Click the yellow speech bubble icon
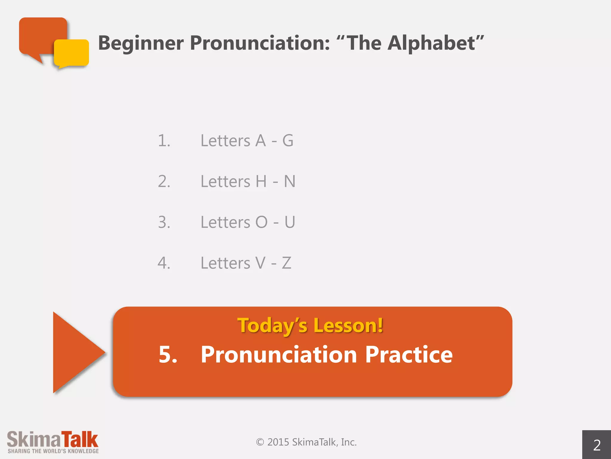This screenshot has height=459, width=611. click(72, 53)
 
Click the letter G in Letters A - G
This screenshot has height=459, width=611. click(288, 141)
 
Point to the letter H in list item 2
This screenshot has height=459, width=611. click(261, 181)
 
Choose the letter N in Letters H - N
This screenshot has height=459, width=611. click(289, 181)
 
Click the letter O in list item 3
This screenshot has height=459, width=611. click(261, 222)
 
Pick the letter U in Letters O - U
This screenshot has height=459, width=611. click(290, 222)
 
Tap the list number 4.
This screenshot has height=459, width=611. click(164, 263)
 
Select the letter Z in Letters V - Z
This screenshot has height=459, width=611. click(286, 263)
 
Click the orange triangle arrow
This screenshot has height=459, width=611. click(75, 353)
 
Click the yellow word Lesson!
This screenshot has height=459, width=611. click(348, 325)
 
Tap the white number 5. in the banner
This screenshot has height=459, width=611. click(168, 355)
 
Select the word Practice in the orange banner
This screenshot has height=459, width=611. click(409, 355)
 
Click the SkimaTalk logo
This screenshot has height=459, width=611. click(53, 442)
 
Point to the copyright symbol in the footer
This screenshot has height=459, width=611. click(260, 442)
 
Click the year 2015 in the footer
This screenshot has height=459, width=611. click(278, 442)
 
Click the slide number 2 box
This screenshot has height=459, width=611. click(597, 445)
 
